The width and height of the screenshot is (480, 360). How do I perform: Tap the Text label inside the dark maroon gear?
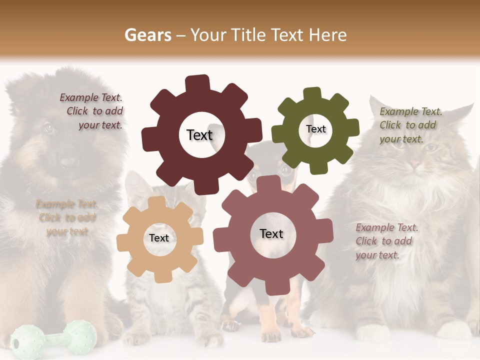(199, 135)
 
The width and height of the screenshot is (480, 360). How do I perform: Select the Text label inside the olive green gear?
(315, 129)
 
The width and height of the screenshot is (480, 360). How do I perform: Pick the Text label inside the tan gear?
(159, 238)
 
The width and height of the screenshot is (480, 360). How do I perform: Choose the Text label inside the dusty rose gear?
(271, 234)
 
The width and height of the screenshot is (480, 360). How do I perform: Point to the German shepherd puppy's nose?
(68, 162)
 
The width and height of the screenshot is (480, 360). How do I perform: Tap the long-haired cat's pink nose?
(414, 163)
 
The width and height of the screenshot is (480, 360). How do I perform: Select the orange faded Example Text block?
(66, 217)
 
